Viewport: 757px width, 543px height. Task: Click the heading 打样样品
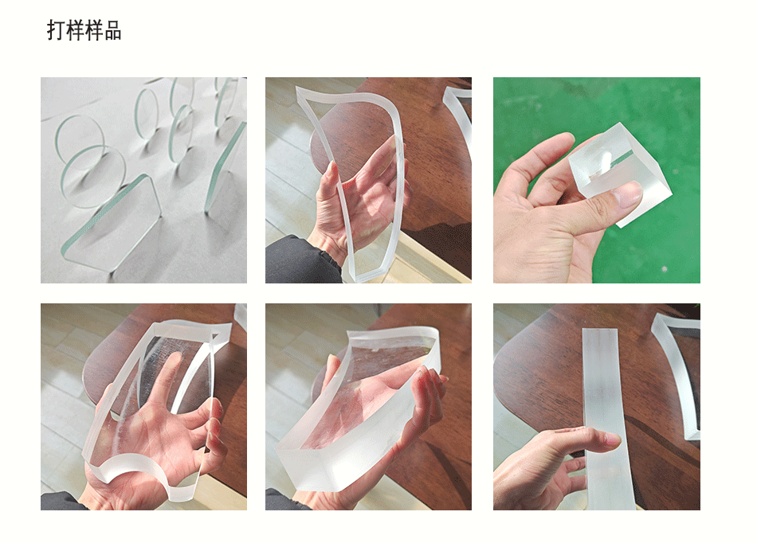[x=84, y=30]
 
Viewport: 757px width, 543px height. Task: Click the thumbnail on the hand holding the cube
[x=627, y=194]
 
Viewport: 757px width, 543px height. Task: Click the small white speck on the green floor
[x=665, y=268]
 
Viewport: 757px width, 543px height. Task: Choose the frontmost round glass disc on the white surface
[x=93, y=176]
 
